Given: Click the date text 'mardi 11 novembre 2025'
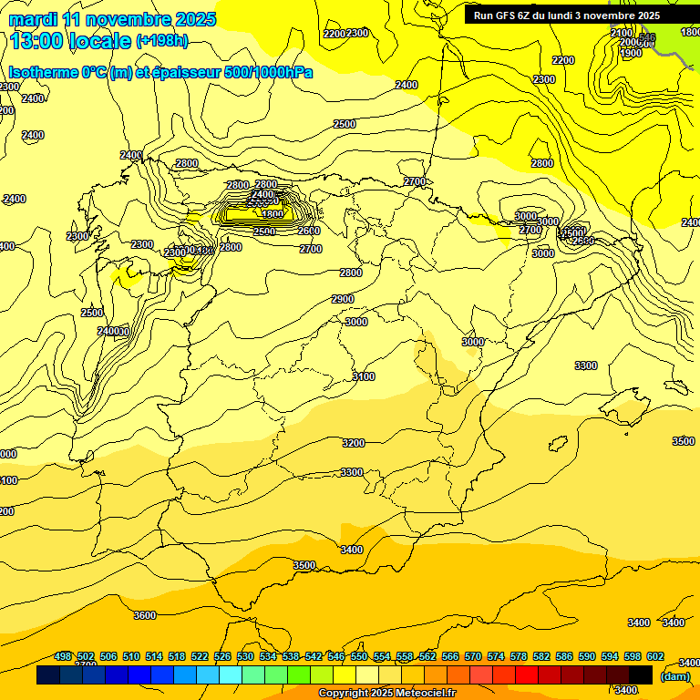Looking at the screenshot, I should (112, 19).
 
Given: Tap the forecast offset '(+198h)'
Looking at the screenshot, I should (161, 41).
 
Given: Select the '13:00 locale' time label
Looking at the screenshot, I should (69, 41).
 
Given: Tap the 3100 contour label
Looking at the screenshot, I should (363, 376).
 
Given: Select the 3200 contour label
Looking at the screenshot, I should (353, 443).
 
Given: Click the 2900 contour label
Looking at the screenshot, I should (343, 299).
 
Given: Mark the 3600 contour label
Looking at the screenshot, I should (144, 615).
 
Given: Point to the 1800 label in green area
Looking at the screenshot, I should (691, 32).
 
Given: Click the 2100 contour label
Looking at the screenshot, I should (622, 33).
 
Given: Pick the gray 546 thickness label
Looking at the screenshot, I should (647, 38).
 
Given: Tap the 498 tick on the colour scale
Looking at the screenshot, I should (63, 657).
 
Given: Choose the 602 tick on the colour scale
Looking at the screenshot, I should (654, 657).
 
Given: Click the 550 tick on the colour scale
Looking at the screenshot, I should (359, 657).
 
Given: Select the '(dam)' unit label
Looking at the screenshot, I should (674, 675).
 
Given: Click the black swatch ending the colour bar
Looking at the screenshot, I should (641, 675).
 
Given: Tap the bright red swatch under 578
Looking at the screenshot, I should (527, 675).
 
